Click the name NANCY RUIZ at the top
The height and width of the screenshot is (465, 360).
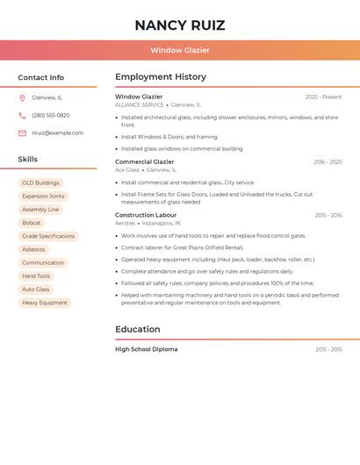coord(180,25)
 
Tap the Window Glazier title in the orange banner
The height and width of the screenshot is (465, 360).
coord(180,50)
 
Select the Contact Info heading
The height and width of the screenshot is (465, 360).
coord(41,77)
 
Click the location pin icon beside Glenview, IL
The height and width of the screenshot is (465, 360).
coord(22,97)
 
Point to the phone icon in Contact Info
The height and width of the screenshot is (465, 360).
coord(22,115)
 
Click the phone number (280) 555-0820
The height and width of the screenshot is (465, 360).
coord(51,115)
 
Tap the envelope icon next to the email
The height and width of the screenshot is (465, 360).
coord(22,133)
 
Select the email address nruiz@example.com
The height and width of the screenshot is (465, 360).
coord(58,133)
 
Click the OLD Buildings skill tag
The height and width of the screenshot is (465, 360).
coord(41,183)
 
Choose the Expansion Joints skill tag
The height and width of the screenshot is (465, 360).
coord(43,197)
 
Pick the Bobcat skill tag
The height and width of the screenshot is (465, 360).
coord(32,223)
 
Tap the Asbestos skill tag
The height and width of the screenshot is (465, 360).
coord(33,249)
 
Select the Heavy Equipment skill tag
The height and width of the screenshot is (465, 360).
coord(45,303)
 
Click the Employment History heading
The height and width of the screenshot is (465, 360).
coord(161,77)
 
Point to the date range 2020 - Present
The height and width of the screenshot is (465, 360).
coord(323,97)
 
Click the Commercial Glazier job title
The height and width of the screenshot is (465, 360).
coord(145,161)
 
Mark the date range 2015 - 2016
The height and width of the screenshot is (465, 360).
coord(328,215)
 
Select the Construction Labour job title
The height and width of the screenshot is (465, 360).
coord(146,215)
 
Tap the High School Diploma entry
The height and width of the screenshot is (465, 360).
coord(147,349)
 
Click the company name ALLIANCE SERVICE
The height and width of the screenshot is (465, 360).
coord(140,104)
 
